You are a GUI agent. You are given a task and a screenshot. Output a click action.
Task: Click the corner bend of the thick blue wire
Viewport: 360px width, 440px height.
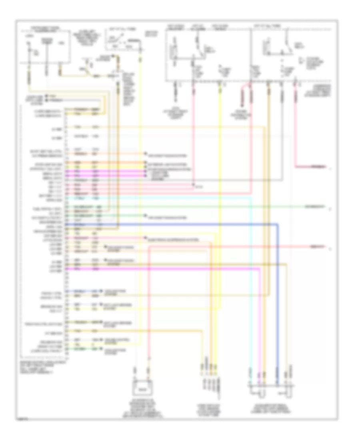click(x=277, y=225)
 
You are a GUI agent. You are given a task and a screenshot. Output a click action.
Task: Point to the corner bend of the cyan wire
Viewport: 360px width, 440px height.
click(x=251, y=198)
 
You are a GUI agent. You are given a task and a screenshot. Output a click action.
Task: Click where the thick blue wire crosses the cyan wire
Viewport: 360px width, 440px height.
click(x=251, y=225)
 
